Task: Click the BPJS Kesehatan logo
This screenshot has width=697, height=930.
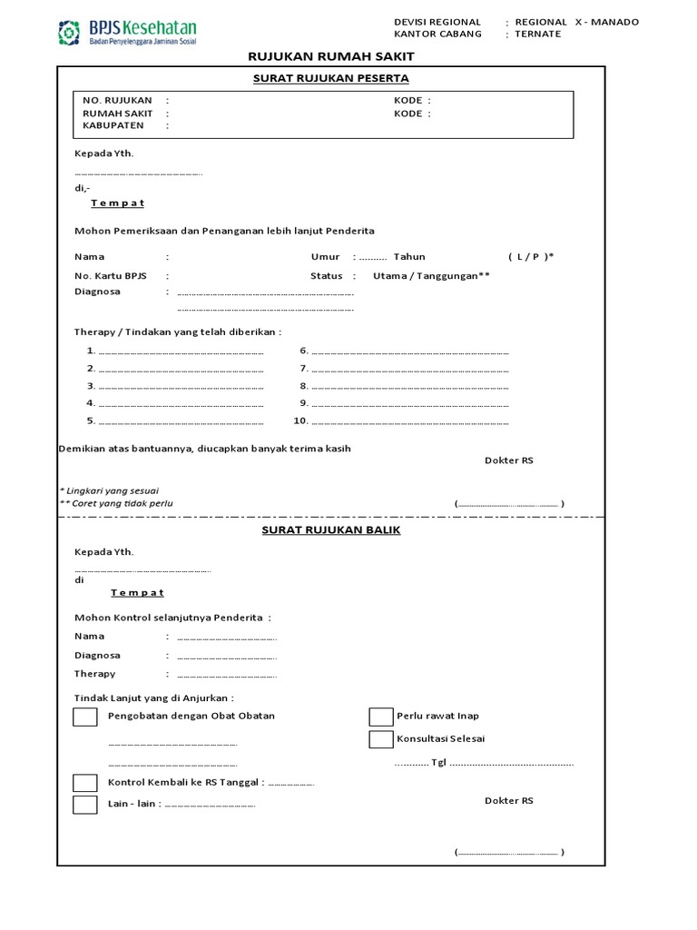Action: coord(127,33)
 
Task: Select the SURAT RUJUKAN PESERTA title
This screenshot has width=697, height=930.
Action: coord(330,78)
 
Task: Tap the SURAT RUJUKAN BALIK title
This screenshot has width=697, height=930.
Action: coord(330,529)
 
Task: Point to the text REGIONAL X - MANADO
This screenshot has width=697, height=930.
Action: coord(576,22)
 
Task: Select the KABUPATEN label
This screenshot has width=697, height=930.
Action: coord(113,126)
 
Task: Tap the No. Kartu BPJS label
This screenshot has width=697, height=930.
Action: coord(111,275)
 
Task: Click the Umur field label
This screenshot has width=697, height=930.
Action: coord(325,257)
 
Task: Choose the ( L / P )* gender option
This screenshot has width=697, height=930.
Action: coord(531,257)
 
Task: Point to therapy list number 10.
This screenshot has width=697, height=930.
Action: coord(300,420)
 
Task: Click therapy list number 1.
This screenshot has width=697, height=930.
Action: coord(91,351)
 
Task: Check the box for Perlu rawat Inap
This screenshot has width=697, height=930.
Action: coord(380,717)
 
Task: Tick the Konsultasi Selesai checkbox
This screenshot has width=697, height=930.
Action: coord(380,739)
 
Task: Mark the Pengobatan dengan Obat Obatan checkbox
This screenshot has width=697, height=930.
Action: coord(84,717)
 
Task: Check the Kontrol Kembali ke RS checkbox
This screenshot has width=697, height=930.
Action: coord(84,783)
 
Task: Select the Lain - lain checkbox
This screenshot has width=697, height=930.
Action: coord(84,805)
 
